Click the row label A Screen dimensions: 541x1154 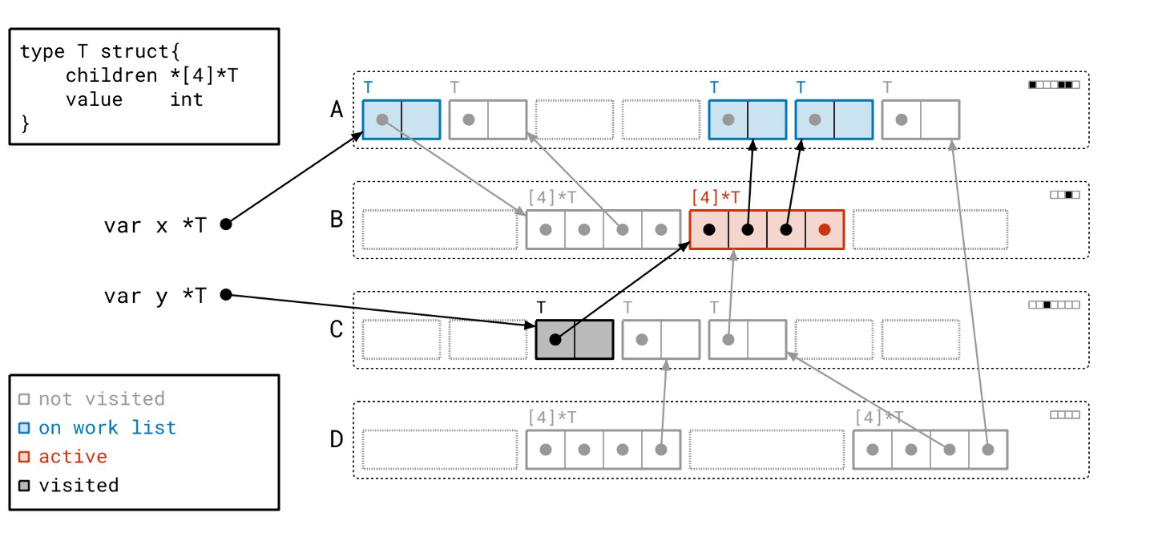(x=337, y=109)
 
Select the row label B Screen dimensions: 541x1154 (x=337, y=219)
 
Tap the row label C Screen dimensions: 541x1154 (x=337, y=329)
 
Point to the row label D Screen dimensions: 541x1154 (x=337, y=439)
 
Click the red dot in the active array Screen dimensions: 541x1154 (x=825, y=229)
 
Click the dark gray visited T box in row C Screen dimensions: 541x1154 (x=574, y=339)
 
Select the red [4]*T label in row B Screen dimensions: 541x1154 (x=716, y=196)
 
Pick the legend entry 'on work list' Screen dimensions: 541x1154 (x=107, y=428)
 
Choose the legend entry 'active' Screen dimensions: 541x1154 (x=73, y=457)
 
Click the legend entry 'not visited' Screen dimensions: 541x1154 (x=101, y=399)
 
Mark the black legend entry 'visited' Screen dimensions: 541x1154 (x=79, y=486)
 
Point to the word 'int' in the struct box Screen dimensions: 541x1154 (x=186, y=99)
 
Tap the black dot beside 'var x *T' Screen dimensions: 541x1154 (x=226, y=224)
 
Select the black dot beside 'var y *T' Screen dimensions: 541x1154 (x=226, y=295)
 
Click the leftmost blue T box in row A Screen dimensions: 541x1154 (x=401, y=119)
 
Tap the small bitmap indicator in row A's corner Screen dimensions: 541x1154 (x=1054, y=84)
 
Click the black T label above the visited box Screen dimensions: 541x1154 (x=542, y=307)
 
